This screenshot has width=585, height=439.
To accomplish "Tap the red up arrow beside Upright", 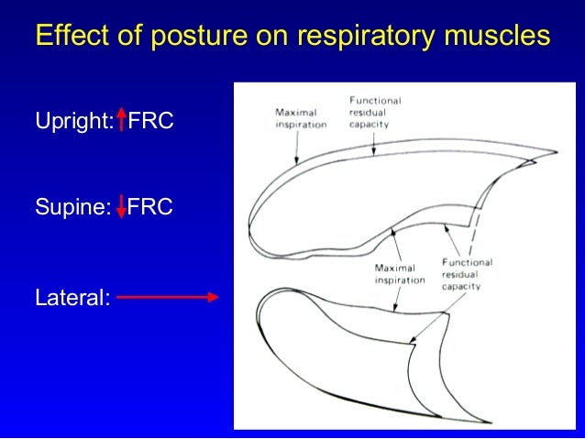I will pos(121,119).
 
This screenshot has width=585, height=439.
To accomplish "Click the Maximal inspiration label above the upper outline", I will pos(301,118).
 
